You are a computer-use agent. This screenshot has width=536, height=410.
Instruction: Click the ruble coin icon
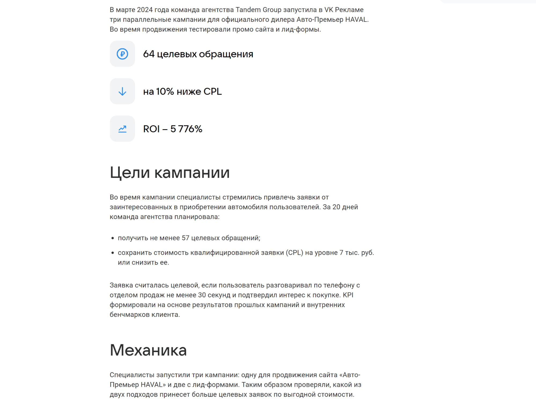(x=122, y=54)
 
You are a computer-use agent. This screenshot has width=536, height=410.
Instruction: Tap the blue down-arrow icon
(x=122, y=91)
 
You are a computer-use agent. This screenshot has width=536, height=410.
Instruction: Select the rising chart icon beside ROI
(x=122, y=129)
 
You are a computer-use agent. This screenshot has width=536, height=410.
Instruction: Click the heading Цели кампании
(x=169, y=172)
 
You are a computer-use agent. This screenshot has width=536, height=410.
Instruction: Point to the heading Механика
(x=148, y=350)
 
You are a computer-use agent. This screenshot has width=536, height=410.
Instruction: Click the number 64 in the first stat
(x=149, y=54)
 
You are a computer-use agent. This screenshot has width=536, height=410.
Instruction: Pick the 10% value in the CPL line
(x=165, y=91)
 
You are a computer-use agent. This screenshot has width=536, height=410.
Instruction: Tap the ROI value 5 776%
(x=186, y=129)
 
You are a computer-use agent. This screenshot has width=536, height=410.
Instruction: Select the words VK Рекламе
(x=344, y=10)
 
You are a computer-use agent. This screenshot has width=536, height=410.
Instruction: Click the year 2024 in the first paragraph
(x=145, y=10)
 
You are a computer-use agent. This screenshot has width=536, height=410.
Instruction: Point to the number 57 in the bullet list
(x=185, y=238)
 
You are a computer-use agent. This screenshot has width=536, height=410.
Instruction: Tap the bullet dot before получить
(x=113, y=238)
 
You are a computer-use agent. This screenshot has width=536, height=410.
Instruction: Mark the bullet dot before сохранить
(x=113, y=253)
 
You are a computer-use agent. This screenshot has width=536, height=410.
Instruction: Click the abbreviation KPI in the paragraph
(x=348, y=295)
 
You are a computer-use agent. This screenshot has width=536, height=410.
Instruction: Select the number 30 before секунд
(x=202, y=295)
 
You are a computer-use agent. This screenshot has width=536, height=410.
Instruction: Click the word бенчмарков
(x=130, y=315)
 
